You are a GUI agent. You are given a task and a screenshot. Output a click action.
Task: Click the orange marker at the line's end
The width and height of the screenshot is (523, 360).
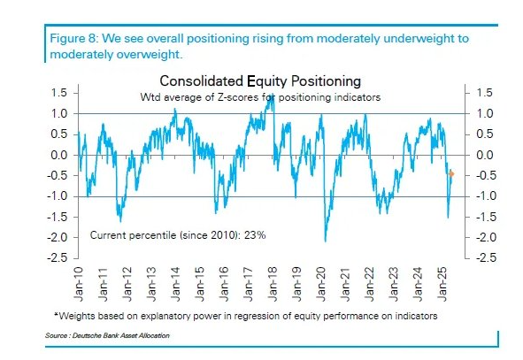click(x=451, y=173)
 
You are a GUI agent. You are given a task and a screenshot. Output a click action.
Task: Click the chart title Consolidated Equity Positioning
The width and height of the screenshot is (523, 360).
click(x=260, y=81)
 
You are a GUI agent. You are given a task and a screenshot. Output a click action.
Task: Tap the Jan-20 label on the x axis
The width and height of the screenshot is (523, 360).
click(x=321, y=284)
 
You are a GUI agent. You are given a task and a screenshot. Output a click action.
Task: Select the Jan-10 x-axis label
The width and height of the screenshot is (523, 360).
click(x=78, y=284)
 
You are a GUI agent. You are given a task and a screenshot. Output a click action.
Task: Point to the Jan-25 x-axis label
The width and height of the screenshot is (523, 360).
click(x=442, y=284)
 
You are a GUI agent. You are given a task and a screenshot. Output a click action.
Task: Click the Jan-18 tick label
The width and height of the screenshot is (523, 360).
click(x=273, y=284)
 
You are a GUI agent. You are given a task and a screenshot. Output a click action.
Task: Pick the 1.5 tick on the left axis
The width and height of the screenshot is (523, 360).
click(x=59, y=93)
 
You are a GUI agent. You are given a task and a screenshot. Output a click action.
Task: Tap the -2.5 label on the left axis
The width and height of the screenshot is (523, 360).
click(x=57, y=257)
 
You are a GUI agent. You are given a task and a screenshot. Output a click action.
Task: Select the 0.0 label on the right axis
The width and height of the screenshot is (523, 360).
click(x=485, y=155)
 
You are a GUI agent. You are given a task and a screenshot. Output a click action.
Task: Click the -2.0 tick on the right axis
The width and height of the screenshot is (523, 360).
click(x=486, y=237)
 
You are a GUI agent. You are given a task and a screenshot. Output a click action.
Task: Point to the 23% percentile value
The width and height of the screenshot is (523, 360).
click(x=255, y=235)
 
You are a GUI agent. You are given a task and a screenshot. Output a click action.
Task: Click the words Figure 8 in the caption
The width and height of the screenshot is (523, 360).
click(x=74, y=39)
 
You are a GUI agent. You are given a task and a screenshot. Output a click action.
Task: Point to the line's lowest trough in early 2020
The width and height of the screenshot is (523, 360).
click(x=325, y=241)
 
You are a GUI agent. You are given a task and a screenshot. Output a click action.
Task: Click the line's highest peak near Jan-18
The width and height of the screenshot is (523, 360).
click(x=273, y=95)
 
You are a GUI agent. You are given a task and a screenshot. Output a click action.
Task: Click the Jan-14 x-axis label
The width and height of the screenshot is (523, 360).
click(x=175, y=284)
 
